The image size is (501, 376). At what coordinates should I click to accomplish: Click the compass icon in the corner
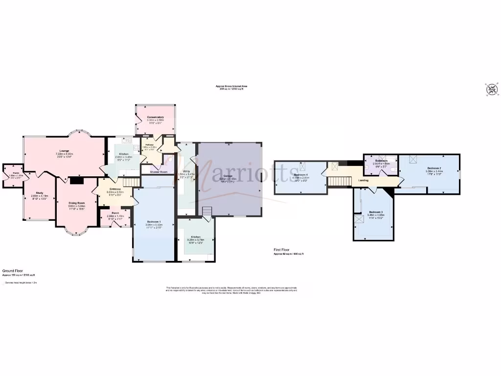(x=491, y=90)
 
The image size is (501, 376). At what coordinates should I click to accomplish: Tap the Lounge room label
(x=64, y=151)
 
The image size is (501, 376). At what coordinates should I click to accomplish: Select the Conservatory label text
(x=155, y=117)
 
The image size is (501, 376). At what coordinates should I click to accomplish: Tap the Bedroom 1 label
(x=154, y=222)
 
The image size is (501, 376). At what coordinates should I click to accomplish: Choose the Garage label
(x=228, y=176)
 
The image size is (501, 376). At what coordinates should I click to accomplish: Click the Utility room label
(x=186, y=171)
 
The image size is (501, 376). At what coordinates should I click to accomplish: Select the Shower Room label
(x=158, y=172)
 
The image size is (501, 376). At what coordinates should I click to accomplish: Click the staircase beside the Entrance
(x=128, y=182)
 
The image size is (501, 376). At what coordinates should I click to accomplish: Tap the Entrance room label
(x=115, y=189)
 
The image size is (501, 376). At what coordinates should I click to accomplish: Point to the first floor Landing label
(x=364, y=181)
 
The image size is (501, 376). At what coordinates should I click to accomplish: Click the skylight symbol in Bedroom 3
(x=360, y=220)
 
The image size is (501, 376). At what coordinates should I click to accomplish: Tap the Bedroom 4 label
(x=301, y=175)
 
